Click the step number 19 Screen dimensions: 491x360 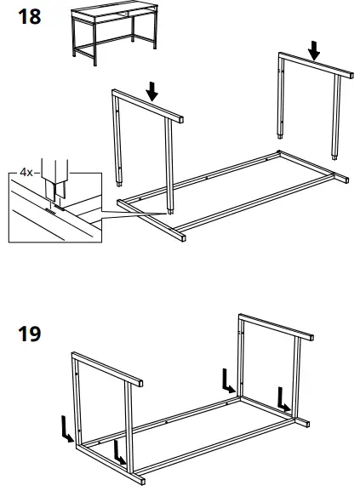[x=29, y=334]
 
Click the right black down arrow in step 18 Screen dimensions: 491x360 [x=315, y=51]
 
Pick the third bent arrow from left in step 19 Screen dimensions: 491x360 [x=227, y=380]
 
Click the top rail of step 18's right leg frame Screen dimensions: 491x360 [x=315, y=66]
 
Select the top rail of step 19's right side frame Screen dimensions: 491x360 [x=272, y=327]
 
